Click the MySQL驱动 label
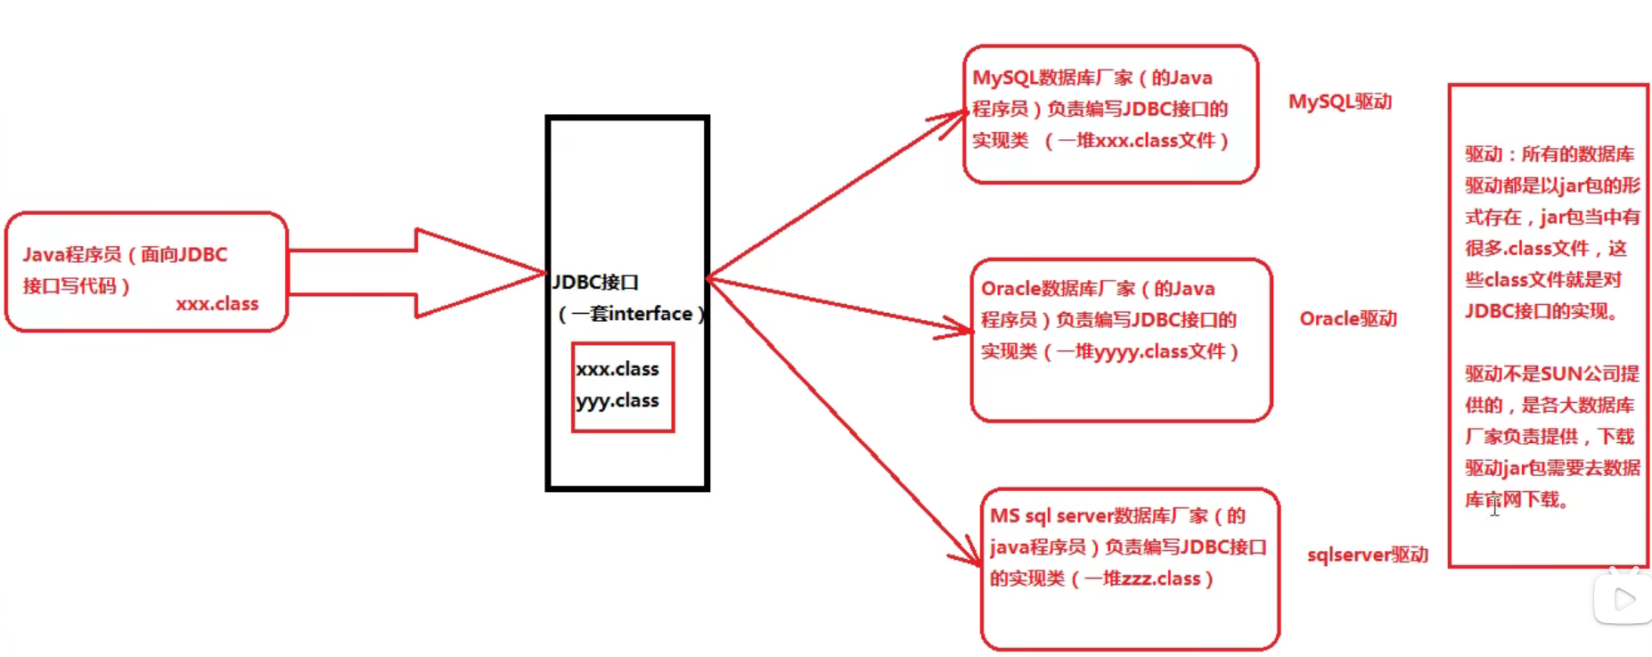pos(1339,102)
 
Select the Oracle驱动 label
pos(1347,318)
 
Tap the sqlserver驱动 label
pos(1367,554)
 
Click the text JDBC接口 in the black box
pos(595,283)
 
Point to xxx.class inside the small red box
pos(617,369)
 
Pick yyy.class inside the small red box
pos(617,401)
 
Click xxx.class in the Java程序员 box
pos(217,304)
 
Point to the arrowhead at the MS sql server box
pos(970,553)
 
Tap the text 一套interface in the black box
pos(632,314)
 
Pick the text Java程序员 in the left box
pos(72,255)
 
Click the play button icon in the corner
pos(1623,599)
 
